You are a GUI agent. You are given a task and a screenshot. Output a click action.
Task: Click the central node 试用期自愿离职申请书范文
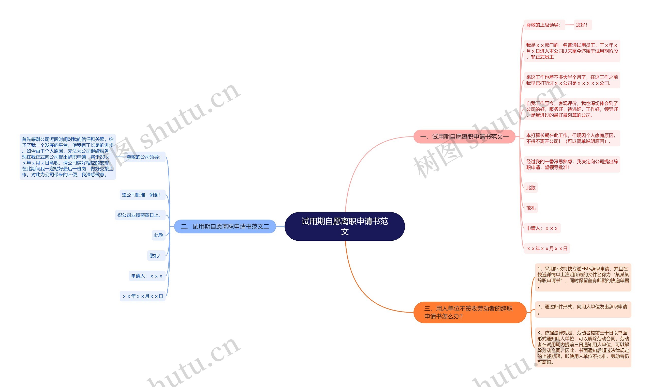tap(344, 226)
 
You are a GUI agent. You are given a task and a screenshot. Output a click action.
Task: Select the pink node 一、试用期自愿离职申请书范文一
tap(464, 137)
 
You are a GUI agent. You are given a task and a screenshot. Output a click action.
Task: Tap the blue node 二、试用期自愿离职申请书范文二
tap(225, 226)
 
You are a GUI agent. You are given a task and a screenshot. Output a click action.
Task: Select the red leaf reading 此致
tap(530, 188)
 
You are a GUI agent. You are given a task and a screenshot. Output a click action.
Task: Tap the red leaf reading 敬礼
tap(530, 208)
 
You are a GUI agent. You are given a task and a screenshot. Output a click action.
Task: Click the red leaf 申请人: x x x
tap(542, 228)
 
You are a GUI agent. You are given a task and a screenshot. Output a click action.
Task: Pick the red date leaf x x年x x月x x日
tap(547, 249)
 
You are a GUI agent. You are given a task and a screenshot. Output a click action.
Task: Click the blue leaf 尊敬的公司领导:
tap(143, 157)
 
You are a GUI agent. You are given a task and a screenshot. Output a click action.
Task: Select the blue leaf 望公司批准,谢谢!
tap(142, 195)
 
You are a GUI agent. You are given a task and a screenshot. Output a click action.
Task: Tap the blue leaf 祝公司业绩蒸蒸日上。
tap(140, 215)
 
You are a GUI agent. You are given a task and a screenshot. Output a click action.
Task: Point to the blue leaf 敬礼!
tap(156, 256)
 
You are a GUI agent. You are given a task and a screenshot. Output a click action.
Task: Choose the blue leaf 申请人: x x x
tap(147, 276)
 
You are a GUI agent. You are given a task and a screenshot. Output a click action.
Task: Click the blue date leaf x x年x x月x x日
tap(142, 296)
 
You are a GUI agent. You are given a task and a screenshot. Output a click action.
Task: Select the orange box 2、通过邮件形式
tap(583, 309)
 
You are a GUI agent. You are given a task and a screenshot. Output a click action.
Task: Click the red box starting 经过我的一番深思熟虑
tap(572, 165)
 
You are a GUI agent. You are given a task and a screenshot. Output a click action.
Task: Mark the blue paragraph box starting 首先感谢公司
tap(68, 157)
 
